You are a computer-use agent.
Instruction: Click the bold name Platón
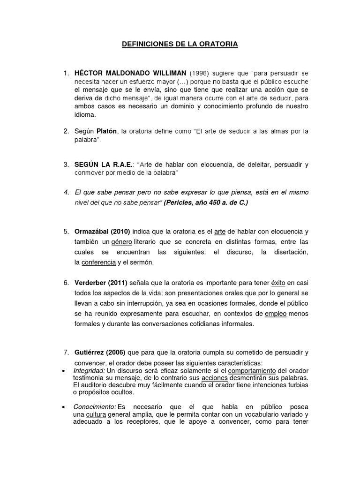point(107,131)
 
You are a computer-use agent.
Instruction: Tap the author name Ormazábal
point(92,232)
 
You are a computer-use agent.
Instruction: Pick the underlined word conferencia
point(98,262)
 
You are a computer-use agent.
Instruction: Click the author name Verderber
point(91,283)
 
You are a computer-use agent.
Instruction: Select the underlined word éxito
point(277,283)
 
